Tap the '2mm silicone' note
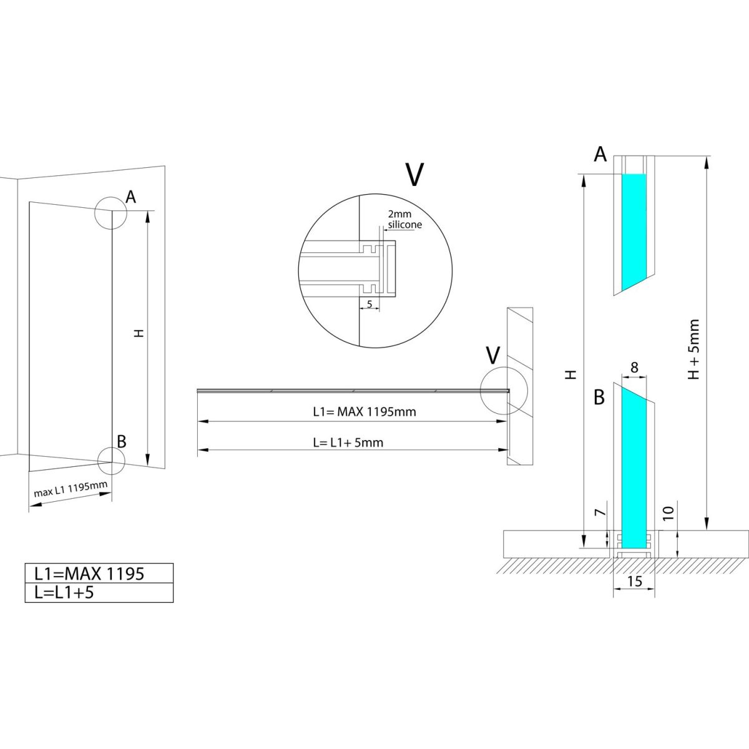click(x=404, y=219)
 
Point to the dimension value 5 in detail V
click(x=370, y=304)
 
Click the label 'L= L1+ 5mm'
click(x=348, y=443)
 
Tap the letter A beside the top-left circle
click(x=130, y=197)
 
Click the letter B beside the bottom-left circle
click(x=122, y=441)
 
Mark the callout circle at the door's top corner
click(x=110, y=213)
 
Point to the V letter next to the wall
click(x=493, y=355)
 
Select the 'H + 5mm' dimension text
click(x=693, y=349)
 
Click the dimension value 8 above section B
click(x=634, y=368)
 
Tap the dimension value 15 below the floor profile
click(x=634, y=582)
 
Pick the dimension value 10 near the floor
click(x=667, y=514)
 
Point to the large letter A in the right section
click(x=600, y=154)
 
